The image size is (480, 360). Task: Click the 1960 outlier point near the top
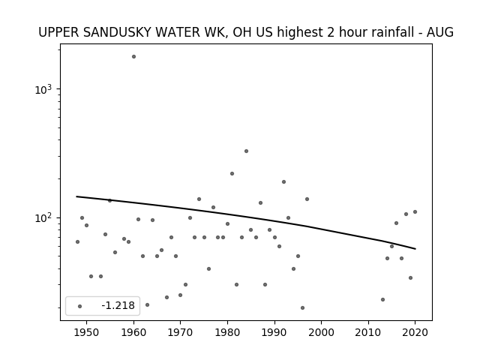133,57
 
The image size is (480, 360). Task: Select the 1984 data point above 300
247,151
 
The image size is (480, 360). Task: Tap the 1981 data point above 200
232,173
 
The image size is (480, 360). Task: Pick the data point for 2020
415,211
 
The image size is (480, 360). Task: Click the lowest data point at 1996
302,308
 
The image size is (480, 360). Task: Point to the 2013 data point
382,300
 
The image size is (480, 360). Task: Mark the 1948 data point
77,241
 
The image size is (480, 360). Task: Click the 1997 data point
307,199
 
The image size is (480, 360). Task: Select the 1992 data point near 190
283,181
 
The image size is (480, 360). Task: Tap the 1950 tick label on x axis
87,332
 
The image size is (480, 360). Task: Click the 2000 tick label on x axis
322,332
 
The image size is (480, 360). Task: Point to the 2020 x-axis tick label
415,332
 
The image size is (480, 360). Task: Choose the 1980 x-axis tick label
227,332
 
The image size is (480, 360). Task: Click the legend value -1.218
118,305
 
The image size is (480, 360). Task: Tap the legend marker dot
80,307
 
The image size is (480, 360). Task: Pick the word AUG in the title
440,32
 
